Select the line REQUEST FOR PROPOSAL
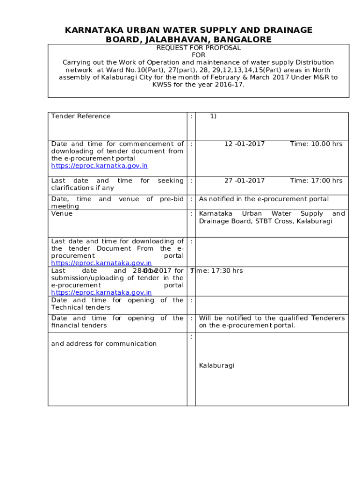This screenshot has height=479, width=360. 199,48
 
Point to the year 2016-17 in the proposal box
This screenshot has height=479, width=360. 226,85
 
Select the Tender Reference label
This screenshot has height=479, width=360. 81,116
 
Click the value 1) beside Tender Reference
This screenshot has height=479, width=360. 213,116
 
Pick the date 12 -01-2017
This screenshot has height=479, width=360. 244,144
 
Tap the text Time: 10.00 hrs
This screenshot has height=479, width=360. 316,144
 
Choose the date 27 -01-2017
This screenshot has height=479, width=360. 244,181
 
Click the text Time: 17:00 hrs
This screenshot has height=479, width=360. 316,181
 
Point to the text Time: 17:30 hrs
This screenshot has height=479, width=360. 217,270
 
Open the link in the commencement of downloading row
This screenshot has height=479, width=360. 100,166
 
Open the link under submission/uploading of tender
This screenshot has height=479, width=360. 101,292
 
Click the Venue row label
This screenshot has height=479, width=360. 62,213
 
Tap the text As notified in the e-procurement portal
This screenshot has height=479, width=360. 264,199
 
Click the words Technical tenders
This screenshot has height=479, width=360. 81,307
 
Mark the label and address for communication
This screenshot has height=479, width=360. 104,343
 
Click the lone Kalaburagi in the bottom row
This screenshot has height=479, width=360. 216,365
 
